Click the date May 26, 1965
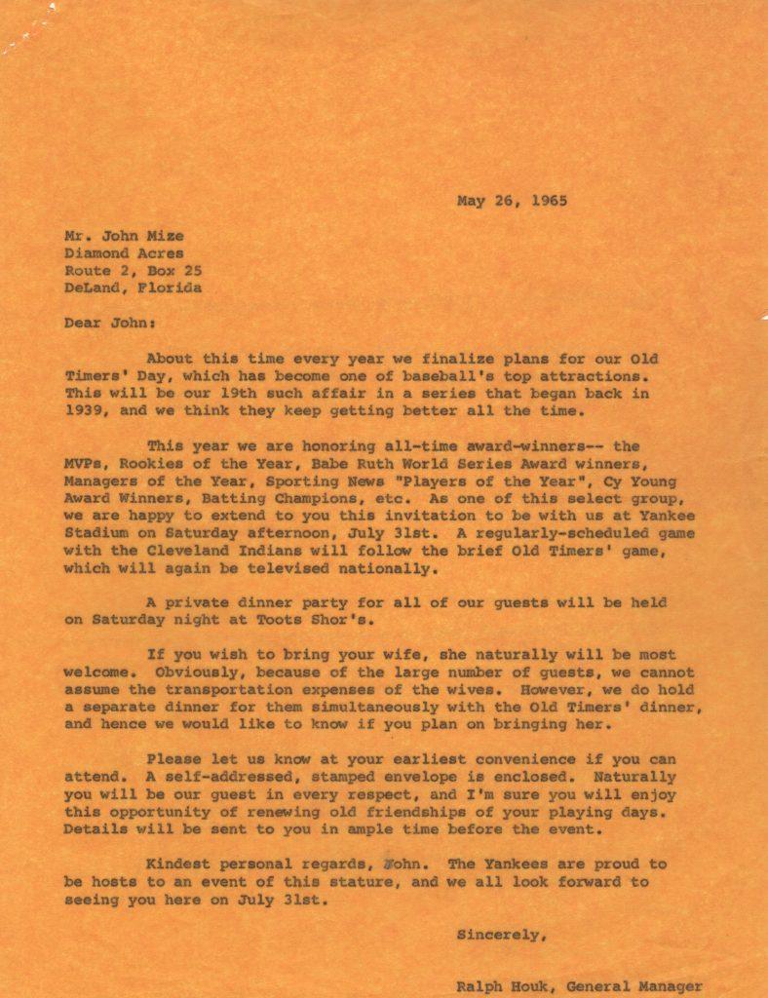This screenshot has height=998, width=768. point(512,202)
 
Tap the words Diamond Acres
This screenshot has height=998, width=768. point(124,253)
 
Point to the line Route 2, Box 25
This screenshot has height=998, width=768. point(134,271)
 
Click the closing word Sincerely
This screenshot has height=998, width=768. point(499,935)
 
